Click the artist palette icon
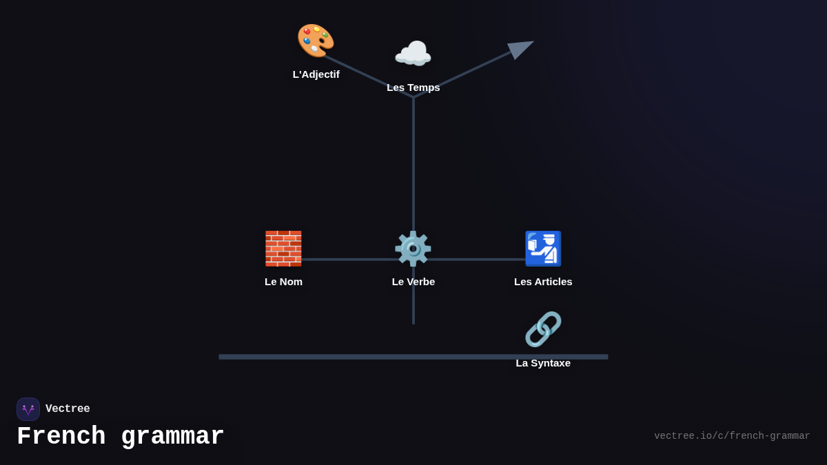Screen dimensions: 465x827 click(x=316, y=41)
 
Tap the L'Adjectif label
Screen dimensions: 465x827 click(x=316, y=74)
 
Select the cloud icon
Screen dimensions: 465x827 click(x=413, y=54)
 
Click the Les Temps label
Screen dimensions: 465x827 click(x=413, y=87)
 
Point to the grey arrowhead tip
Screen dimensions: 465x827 click(x=532, y=42)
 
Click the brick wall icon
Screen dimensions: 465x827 click(x=283, y=249)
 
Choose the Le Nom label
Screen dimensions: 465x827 click(x=283, y=282)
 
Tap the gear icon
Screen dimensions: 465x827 click(x=413, y=249)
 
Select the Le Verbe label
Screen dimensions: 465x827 click(x=413, y=282)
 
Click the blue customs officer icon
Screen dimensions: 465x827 click(x=543, y=249)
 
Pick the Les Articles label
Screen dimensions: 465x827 click(x=543, y=282)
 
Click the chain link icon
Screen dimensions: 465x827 click(x=543, y=329)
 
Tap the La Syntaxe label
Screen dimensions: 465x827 click(x=543, y=363)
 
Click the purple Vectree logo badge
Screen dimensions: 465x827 click(x=28, y=409)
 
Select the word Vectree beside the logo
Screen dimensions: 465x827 click(x=68, y=409)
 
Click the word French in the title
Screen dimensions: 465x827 click(x=61, y=437)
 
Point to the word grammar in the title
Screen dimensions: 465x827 click(x=172, y=437)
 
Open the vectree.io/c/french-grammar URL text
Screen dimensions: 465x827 click(x=732, y=436)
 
